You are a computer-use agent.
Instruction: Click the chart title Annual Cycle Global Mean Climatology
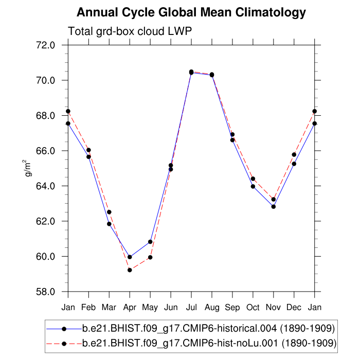191,12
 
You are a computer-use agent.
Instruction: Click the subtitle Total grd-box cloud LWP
130,32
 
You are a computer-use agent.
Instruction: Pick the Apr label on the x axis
130,307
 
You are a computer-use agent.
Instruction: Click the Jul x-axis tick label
191,307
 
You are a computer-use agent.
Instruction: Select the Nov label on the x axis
274,307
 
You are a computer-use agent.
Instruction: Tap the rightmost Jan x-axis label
315,307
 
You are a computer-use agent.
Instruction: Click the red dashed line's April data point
130,270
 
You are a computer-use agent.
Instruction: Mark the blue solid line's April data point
130,257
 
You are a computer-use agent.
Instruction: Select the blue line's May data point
150,242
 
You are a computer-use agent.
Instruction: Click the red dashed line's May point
150,257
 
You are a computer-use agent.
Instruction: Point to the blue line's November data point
274,207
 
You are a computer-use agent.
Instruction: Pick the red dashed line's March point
109,212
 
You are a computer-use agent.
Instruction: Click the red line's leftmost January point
68,111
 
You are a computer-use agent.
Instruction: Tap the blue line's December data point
294,164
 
